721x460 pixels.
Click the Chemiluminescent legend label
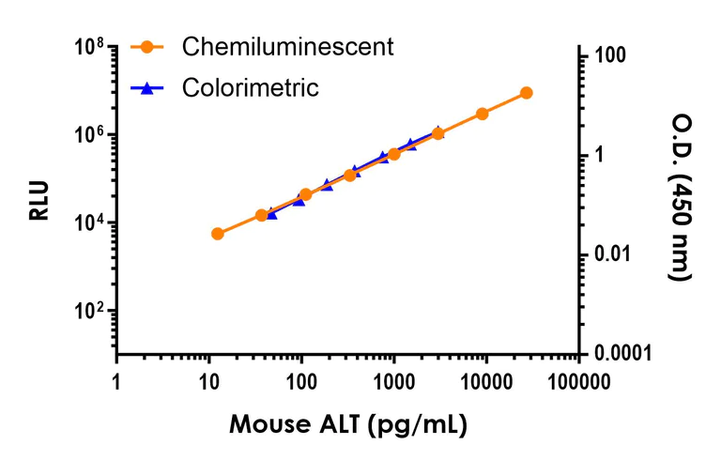pyautogui.click(x=287, y=46)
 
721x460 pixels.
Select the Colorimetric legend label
pyautogui.click(x=251, y=88)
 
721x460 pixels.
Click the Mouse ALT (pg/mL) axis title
pyautogui.click(x=346, y=423)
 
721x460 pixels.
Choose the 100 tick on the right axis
pyautogui.click(x=609, y=56)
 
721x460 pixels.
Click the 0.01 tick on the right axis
pyautogui.click(x=611, y=254)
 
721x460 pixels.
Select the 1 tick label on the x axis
pyautogui.click(x=116, y=382)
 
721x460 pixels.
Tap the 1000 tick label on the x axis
pyautogui.click(x=392, y=382)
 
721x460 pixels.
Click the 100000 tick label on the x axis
pyautogui.click(x=576, y=382)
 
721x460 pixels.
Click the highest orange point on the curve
pyautogui.click(x=526, y=93)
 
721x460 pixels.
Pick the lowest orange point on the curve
pyautogui.click(x=218, y=233)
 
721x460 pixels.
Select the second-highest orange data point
pyautogui.click(x=482, y=114)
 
